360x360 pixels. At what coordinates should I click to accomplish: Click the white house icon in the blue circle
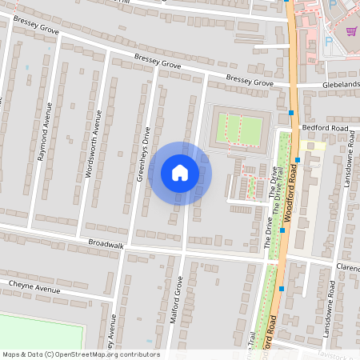tap(180, 173)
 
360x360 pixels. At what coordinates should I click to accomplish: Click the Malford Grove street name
tap(179, 302)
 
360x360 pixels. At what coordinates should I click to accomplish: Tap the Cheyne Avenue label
tap(35, 286)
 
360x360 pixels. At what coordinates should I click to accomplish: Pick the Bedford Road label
tap(325, 128)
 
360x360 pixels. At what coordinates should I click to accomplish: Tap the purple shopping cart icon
tap(351, 31)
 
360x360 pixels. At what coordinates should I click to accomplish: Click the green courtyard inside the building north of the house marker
tap(239, 129)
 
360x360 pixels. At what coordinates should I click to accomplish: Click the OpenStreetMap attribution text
tap(81, 354)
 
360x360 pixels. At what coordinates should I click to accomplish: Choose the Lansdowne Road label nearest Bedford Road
tap(349, 166)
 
